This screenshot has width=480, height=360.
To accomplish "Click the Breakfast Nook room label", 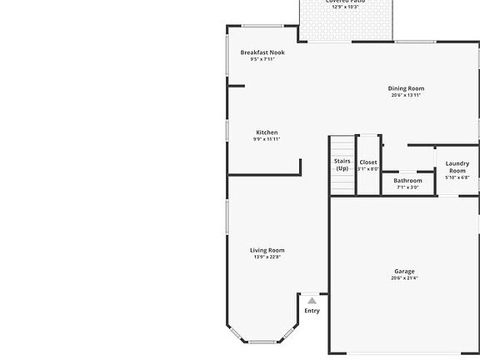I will point(262,52).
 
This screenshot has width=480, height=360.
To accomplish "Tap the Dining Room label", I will point(406,88).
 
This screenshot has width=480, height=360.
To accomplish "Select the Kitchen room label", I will point(267,132).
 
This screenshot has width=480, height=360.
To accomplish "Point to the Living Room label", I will point(267,250).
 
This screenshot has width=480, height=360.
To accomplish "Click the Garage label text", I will point(404,271).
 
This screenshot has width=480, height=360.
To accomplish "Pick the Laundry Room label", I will point(457,167).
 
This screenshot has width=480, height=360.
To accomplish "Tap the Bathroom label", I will point(408,180).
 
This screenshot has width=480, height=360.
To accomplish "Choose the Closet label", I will point(368,162).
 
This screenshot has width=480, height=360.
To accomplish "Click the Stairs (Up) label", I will point(342,164).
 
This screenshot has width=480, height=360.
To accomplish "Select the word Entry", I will point(312,311).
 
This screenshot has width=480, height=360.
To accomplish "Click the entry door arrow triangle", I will point(312,300).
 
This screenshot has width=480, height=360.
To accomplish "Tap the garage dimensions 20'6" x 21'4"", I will point(404,278).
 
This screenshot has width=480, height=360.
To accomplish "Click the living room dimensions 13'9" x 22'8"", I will point(267,257).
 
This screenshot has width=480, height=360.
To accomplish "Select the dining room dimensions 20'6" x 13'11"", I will point(406,95).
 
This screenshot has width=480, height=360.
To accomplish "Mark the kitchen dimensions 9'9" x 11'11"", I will point(267,139).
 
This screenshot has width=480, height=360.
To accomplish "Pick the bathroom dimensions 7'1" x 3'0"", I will point(408,187).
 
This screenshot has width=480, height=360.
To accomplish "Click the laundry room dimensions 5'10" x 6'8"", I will point(457,177).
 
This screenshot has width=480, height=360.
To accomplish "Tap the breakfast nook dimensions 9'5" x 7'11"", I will point(262,59).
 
